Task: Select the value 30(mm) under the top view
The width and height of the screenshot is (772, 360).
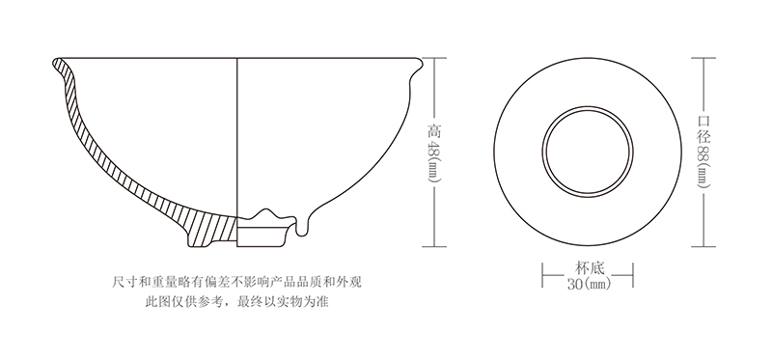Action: click(588, 284)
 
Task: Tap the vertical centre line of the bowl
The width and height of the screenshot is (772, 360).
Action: click(238, 135)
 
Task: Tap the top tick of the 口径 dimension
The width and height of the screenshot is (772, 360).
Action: click(703, 57)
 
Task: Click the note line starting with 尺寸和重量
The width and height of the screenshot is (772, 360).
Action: click(242, 283)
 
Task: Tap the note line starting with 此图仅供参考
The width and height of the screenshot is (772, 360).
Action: click(242, 301)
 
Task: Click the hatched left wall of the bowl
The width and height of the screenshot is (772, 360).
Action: click(96, 145)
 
